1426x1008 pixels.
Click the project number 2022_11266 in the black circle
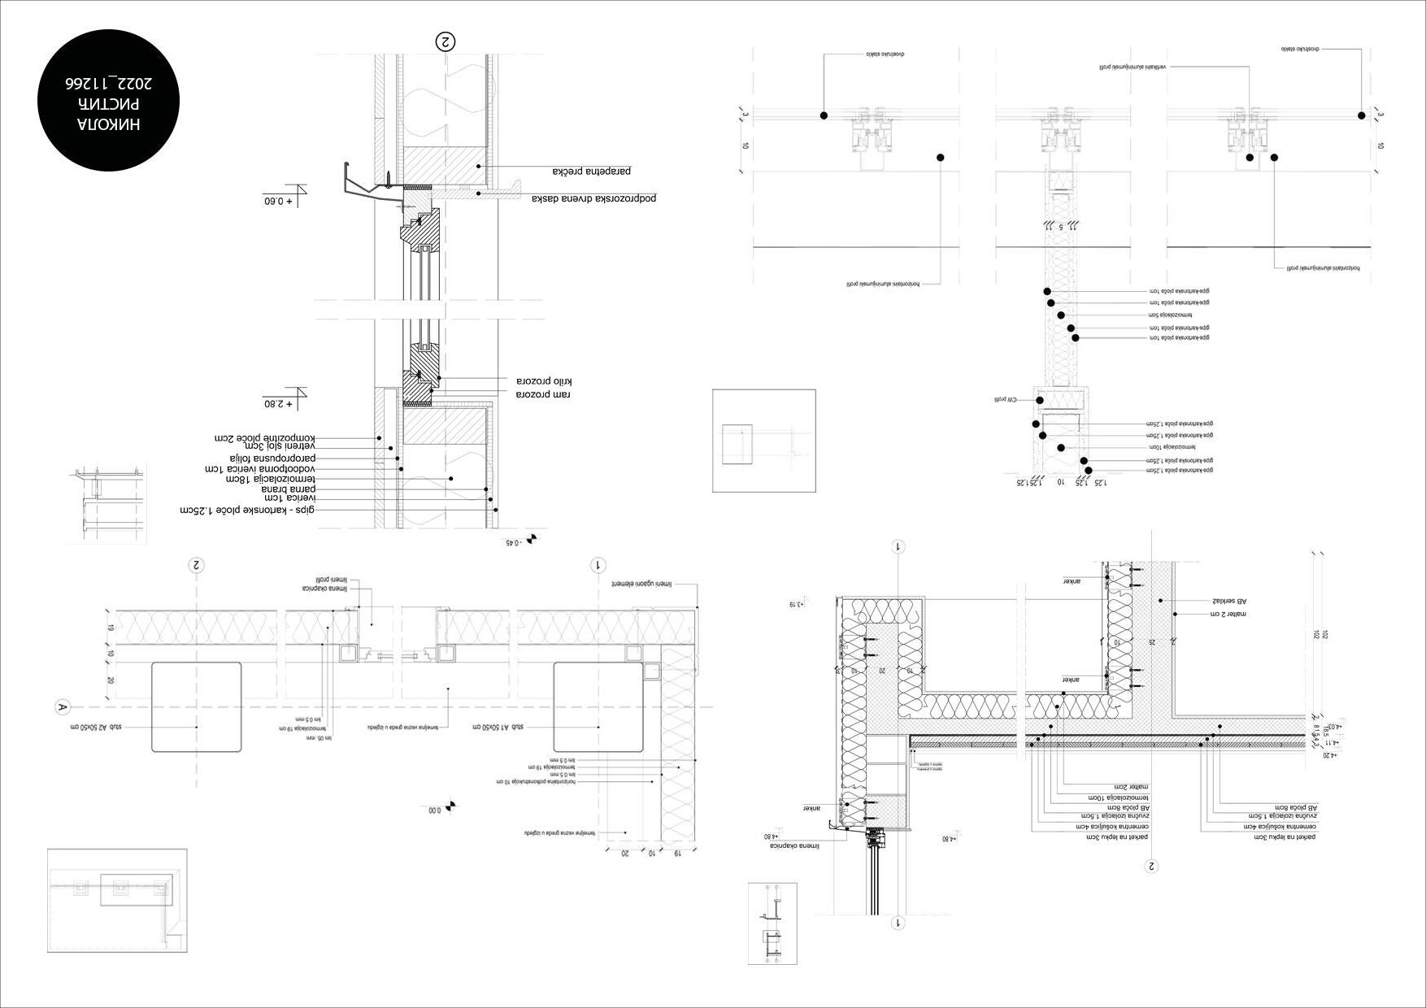pyautogui.click(x=108, y=84)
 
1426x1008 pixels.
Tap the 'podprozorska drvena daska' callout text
pyautogui.click(x=594, y=198)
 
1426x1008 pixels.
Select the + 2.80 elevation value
pyautogui.click(x=277, y=403)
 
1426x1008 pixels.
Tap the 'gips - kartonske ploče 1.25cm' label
pyautogui.click(x=247, y=511)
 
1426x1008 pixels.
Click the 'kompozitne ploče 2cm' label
pyautogui.click(x=263, y=438)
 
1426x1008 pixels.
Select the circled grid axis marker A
pyautogui.click(x=62, y=707)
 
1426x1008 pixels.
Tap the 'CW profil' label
pyautogui.click(x=1006, y=400)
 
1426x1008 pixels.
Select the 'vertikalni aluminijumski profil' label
pyautogui.click(x=1133, y=67)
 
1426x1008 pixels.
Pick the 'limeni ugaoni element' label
pyautogui.click(x=642, y=584)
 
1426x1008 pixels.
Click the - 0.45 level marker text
pyautogui.click(x=512, y=542)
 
